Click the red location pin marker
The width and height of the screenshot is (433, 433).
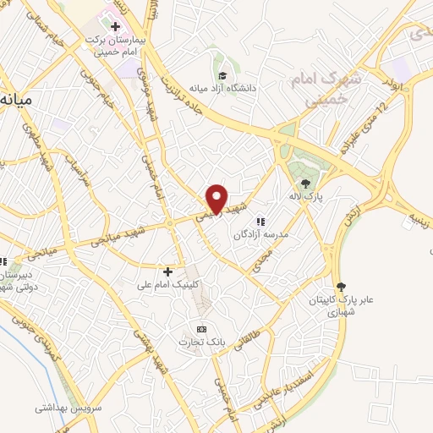point(217,199)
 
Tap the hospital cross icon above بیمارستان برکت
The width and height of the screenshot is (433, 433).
point(115,26)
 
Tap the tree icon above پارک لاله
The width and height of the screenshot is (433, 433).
point(305,181)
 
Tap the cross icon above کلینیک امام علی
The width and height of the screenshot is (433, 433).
point(167,272)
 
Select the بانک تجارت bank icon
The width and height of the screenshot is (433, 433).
point(201,329)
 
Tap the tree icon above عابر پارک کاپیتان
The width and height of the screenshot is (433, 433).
point(341,288)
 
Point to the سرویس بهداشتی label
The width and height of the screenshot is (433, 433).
point(69,407)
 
